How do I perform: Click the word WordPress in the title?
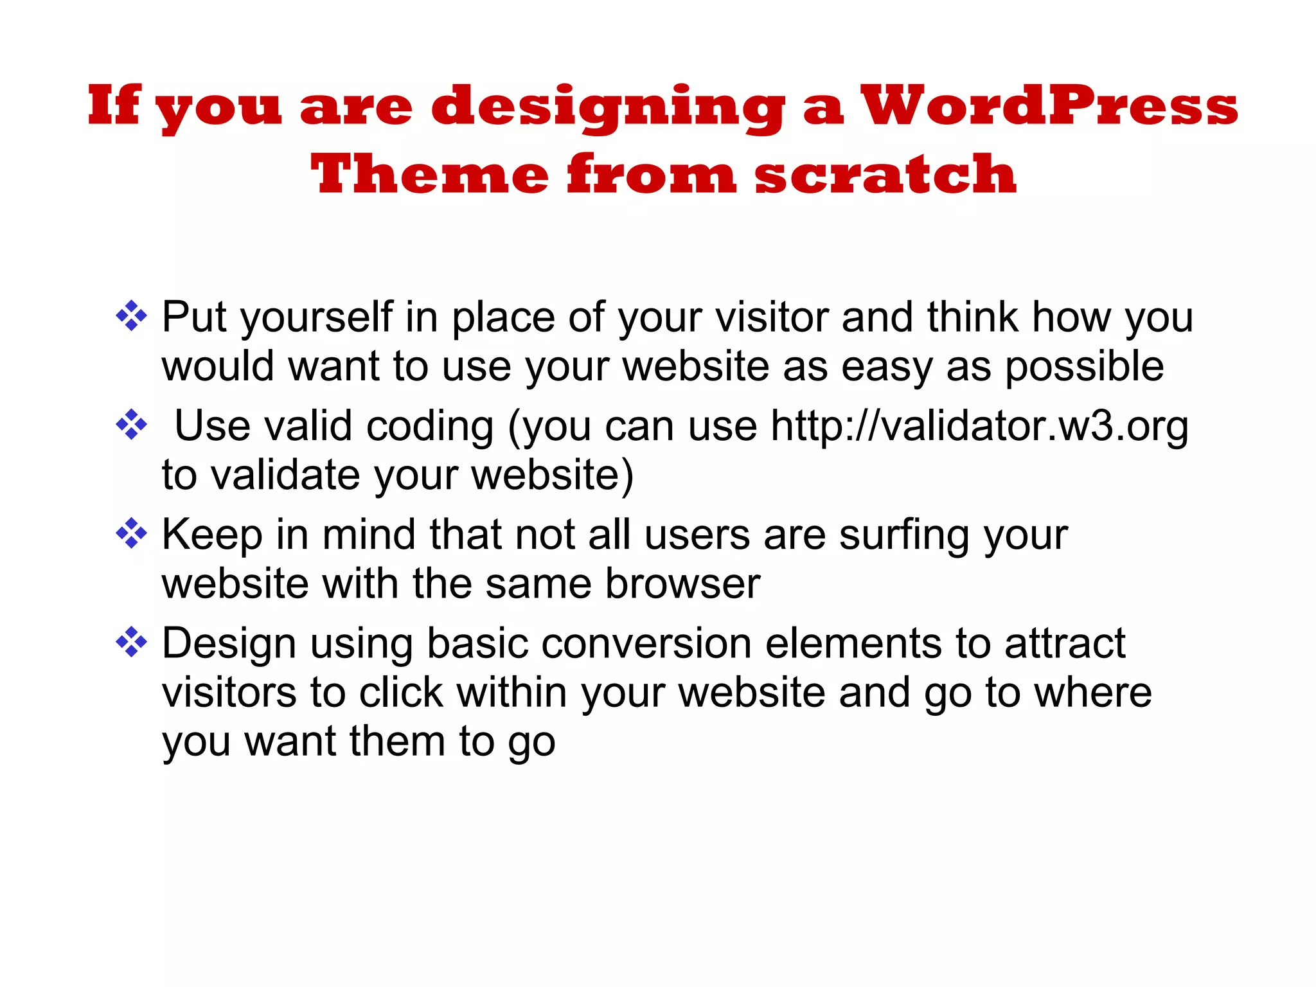tap(1049, 106)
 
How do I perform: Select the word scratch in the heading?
tap(885, 175)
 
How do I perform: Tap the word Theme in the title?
tap(429, 175)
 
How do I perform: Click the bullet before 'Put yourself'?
tap(131, 316)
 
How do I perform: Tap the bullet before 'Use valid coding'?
tap(131, 425)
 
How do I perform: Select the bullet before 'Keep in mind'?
tap(131, 533)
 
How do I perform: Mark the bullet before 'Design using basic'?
tap(131, 642)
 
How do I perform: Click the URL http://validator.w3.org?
tap(979, 426)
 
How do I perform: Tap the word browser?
tap(682, 583)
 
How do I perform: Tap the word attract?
tap(1065, 643)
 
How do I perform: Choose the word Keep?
tap(212, 535)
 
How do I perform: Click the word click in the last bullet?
tap(401, 693)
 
